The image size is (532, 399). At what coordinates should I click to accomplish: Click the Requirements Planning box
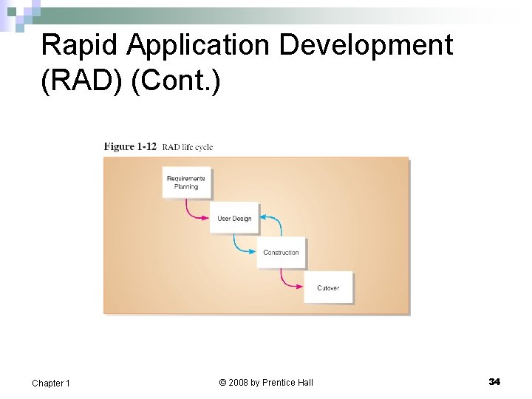coord(186,183)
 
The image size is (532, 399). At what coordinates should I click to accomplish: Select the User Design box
coord(234,218)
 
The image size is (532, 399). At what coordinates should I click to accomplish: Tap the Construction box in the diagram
coord(281,253)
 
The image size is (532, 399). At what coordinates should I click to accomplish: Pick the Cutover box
coord(328,287)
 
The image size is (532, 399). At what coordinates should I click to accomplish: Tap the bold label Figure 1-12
coord(130,146)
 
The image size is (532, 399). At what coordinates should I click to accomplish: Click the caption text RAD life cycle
coord(187,147)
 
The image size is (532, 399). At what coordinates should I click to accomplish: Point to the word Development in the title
coord(366,46)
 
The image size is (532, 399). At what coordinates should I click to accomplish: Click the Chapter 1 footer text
coord(51,383)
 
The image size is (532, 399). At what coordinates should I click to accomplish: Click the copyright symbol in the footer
coord(222,383)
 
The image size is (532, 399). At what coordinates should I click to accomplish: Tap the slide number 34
coord(494,381)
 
